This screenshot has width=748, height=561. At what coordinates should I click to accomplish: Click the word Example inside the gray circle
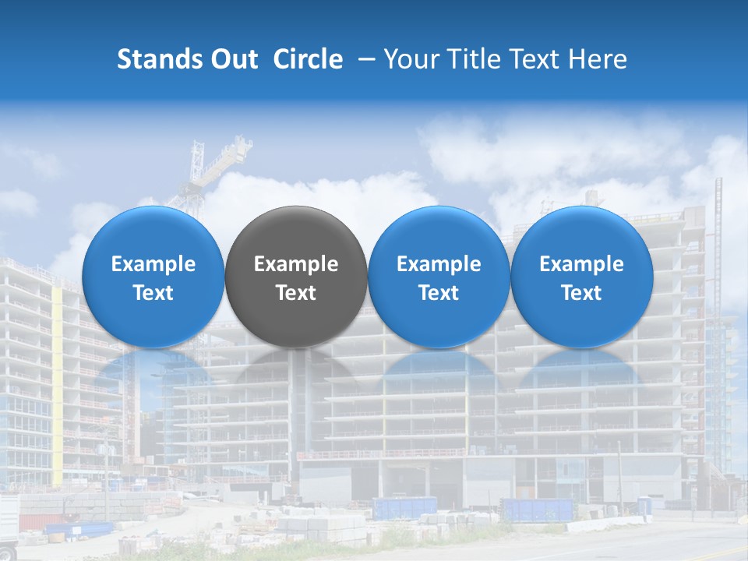pos(296,264)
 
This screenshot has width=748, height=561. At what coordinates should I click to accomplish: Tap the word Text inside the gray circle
pos(296,293)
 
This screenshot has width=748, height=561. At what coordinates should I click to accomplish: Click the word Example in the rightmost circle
pos(582,264)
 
